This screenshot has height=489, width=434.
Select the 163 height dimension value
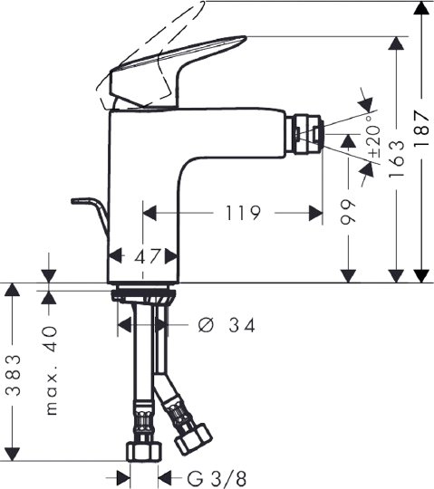coord(397,159)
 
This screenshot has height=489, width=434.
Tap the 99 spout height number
coord(348,212)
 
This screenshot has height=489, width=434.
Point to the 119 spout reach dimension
coord(243,213)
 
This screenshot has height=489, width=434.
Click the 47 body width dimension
coord(148,256)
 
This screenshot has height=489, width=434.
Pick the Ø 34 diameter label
coord(227,325)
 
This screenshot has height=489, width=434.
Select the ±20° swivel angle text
coord(374,137)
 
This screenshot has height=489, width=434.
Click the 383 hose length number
coord(14,375)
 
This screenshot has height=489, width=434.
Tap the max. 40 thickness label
coord(51,371)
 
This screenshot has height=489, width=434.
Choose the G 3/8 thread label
coord(217,479)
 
